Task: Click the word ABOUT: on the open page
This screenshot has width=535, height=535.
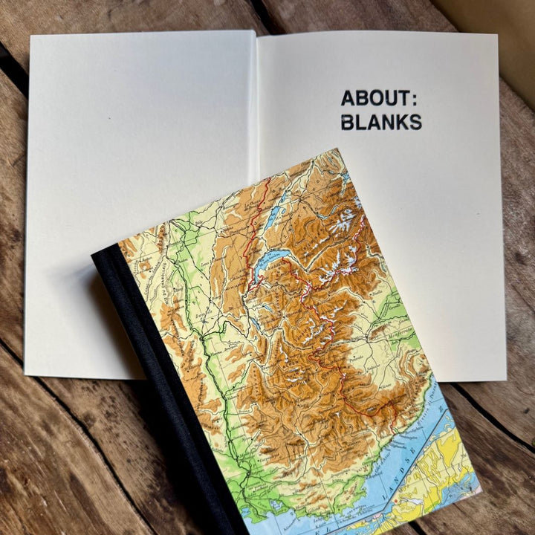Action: (x=374, y=98)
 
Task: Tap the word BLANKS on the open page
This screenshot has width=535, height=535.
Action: (x=381, y=122)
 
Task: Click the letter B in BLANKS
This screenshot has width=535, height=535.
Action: (x=348, y=122)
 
